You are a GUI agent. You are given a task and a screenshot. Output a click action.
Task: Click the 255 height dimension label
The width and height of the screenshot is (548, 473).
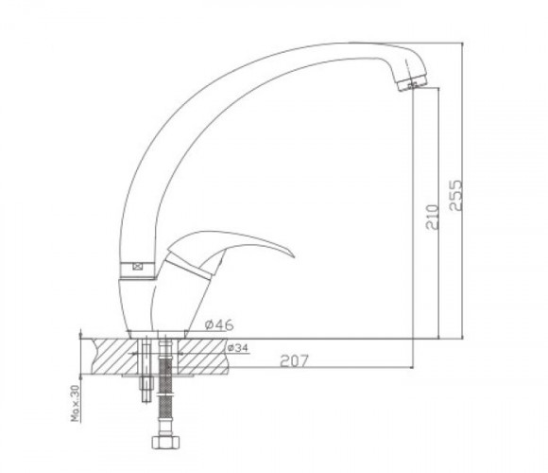(x=455, y=195)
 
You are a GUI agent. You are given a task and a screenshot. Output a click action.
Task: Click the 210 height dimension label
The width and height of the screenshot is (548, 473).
(x=432, y=217)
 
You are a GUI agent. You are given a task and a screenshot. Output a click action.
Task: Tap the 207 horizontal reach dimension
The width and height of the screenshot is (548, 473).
(x=295, y=361)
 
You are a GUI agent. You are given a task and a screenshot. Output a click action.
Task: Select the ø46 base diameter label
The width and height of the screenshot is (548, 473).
(x=219, y=325)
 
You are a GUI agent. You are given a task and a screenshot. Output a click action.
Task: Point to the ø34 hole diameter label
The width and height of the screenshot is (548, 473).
(x=238, y=348)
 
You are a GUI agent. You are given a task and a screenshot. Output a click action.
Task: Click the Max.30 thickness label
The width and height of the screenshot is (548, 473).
(x=76, y=403)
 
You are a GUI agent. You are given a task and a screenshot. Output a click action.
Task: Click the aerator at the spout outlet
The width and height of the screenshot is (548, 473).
(x=412, y=83)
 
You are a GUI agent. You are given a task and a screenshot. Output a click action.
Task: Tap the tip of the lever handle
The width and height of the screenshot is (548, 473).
(x=294, y=256)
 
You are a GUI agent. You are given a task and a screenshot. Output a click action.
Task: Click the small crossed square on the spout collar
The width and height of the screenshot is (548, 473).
(x=138, y=267)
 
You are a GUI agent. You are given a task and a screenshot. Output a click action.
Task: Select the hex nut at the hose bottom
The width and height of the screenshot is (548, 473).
(x=165, y=442)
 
